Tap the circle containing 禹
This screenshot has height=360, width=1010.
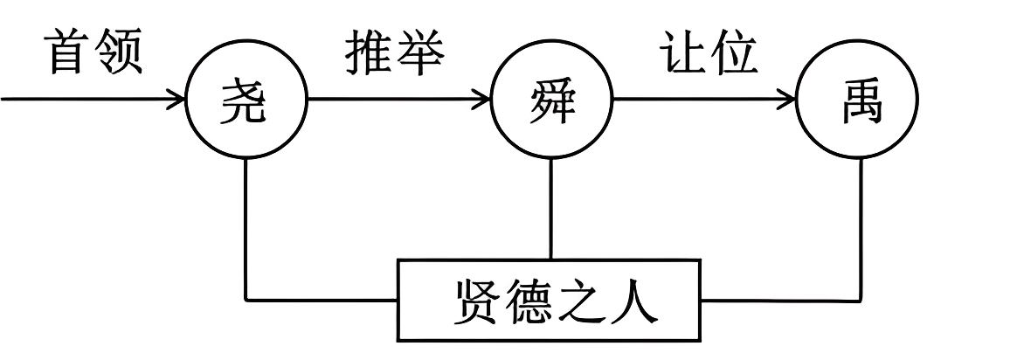[x=858, y=102]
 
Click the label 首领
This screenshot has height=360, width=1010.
[x=93, y=54]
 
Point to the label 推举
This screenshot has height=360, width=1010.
[x=394, y=54]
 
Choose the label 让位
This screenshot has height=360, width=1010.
[x=708, y=54]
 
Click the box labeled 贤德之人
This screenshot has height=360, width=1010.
[x=550, y=300]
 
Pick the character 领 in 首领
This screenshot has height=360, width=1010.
[x=119, y=54]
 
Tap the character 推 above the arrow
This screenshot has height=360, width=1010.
[x=369, y=54]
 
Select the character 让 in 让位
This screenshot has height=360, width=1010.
[x=682, y=54]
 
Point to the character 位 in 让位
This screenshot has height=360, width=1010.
[x=733, y=54]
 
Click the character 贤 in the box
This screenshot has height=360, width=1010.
[x=477, y=301]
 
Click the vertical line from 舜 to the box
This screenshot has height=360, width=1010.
[x=550, y=210]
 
